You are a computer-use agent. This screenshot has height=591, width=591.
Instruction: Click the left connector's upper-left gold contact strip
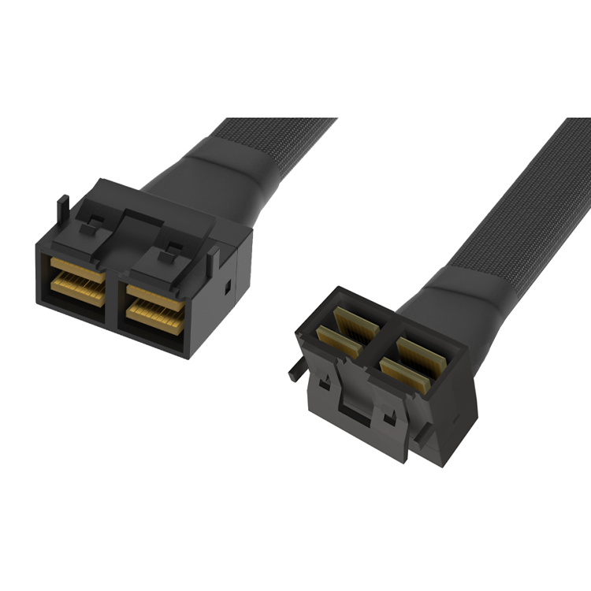pos(77,269)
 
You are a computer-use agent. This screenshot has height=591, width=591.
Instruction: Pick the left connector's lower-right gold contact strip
pos(156,318)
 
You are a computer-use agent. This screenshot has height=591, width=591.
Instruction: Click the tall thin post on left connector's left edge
pos(62,214)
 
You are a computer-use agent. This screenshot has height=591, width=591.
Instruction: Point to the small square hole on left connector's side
pos(228,287)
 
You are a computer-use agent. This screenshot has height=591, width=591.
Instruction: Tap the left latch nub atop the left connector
pos(92,225)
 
